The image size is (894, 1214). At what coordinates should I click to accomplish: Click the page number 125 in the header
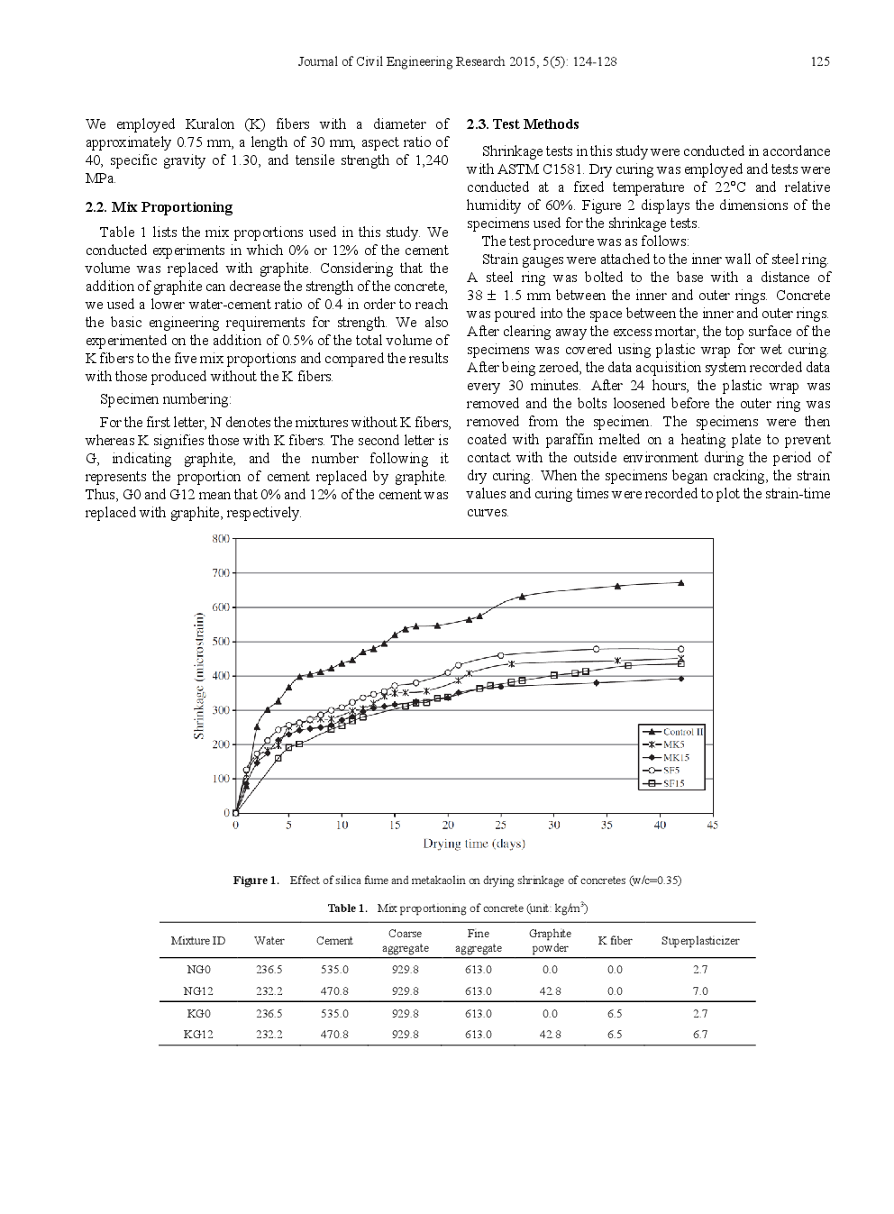coord(819,62)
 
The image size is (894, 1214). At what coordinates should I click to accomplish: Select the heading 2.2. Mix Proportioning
coord(159,207)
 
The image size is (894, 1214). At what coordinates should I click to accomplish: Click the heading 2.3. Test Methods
coord(523,124)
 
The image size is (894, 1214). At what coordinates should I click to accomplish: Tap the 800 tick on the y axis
coord(221,539)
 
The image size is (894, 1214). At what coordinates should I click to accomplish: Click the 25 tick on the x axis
coord(501,825)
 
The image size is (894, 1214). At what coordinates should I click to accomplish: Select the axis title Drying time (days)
coord(474,844)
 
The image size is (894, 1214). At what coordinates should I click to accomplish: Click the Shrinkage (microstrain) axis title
coord(199,676)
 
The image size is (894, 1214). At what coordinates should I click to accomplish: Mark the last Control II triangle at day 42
coord(680,583)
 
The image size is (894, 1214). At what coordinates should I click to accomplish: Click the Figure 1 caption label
coord(256,881)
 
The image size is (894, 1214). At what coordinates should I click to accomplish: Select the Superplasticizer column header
coord(700,941)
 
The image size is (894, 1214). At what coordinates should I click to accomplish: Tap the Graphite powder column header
coord(550,941)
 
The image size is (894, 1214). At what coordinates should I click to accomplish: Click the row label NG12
coord(198,991)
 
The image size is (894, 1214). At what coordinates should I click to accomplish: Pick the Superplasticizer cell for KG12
coord(700,1035)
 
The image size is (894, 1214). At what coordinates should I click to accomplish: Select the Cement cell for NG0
coord(334,970)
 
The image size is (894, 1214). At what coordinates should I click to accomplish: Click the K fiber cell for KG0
coord(615,1014)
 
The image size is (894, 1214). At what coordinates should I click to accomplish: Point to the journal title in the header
coord(457,62)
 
